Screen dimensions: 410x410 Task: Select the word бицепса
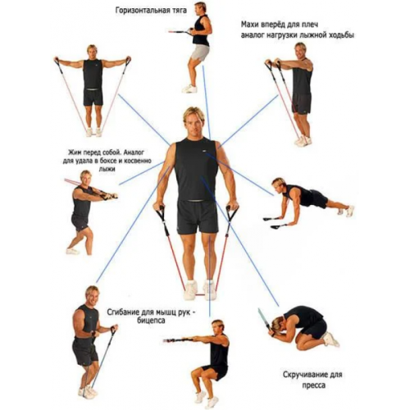[x=152, y=321]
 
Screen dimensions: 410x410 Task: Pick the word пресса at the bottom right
[x=314, y=385]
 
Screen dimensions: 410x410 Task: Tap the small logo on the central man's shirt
[x=204, y=151]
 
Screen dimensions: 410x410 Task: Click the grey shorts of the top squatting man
[x=200, y=52]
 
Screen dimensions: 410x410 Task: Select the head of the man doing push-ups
[x=279, y=184]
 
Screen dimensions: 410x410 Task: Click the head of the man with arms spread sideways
[x=93, y=52]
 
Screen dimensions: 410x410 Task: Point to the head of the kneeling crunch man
[x=278, y=324]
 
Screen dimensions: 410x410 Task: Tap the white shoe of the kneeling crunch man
[x=331, y=339]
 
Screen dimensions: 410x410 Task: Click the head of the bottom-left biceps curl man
[x=93, y=295]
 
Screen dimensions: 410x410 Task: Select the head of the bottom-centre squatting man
[x=218, y=327]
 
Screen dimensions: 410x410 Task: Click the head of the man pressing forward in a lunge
[x=85, y=178]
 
